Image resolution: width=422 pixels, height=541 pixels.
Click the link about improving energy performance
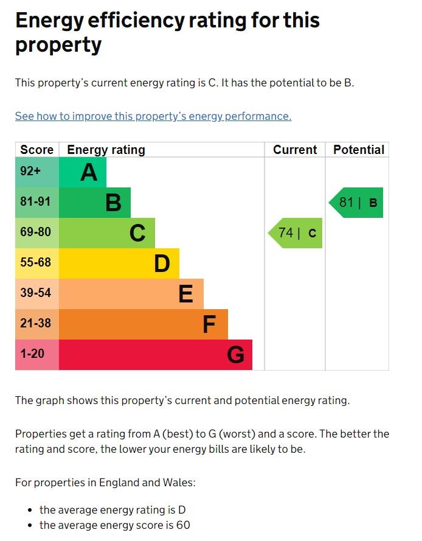coord(153,116)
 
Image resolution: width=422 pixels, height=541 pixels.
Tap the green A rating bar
coord(83,173)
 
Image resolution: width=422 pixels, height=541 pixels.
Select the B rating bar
coord(95,203)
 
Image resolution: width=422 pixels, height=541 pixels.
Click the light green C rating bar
coord(107,233)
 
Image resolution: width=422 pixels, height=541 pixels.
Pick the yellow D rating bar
coord(119,264)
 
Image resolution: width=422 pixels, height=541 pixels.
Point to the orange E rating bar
coord(131,294)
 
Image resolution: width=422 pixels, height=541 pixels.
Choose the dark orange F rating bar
coord(144,324)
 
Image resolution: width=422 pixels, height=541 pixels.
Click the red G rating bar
coord(156,355)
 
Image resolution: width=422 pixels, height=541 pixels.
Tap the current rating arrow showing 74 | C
coord(296,233)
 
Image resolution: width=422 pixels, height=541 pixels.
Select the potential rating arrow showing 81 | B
coord(357,203)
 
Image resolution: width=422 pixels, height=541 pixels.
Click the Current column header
coord(295,150)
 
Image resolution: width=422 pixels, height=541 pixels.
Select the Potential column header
coord(359,150)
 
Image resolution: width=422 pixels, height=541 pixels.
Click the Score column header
coord(37,150)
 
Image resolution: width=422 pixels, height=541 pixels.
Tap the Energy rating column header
coord(106,150)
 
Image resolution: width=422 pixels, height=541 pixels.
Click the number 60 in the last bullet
coord(184,525)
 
